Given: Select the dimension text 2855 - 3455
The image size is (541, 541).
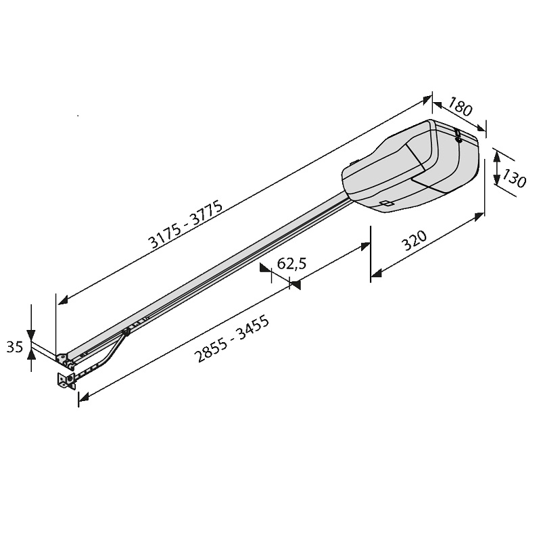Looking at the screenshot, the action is click(232, 339).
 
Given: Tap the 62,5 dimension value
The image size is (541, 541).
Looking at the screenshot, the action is click(291, 264).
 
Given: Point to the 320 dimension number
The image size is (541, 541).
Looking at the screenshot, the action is click(415, 241).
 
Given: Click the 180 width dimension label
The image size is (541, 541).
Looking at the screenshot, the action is click(460, 106).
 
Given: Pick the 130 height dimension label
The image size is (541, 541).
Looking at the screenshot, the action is click(513, 178).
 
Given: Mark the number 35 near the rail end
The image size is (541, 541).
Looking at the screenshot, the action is click(14, 347).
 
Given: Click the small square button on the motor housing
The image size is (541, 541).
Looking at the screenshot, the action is click(387, 204).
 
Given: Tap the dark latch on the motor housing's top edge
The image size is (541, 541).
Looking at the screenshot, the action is click(458, 136).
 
